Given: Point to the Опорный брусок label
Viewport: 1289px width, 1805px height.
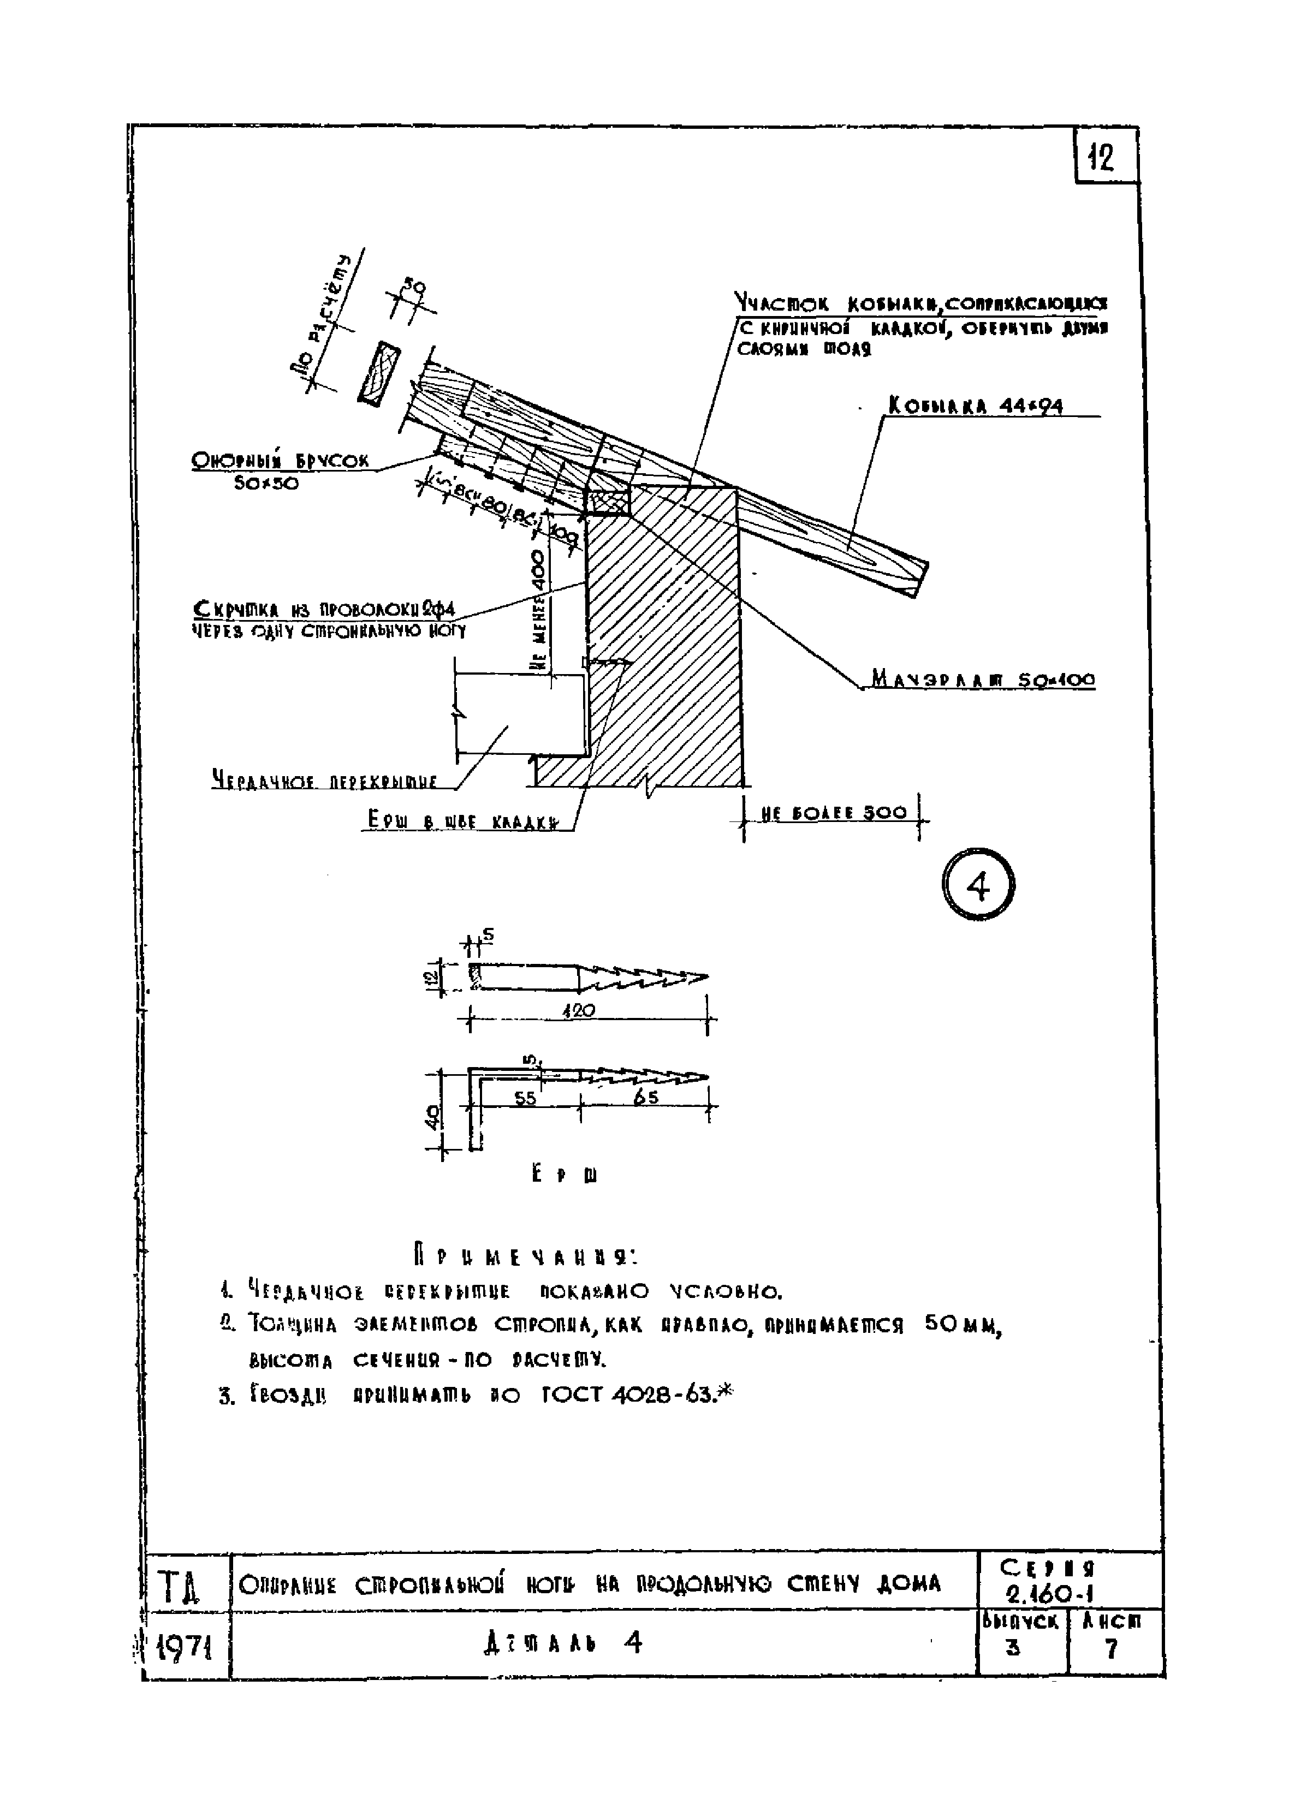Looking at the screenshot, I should pyautogui.click(x=281, y=461).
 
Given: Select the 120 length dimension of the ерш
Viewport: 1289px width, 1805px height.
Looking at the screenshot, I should pyautogui.click(x=579, y=1011).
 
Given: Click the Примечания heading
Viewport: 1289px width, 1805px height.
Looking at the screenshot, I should pyautogui.click(x=525, y=1258).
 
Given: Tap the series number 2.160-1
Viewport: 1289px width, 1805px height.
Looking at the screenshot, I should pyautogui.click(x=1047, y=1595).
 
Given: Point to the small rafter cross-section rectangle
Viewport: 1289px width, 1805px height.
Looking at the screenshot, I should pyautogui.click(x=380, y=372).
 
